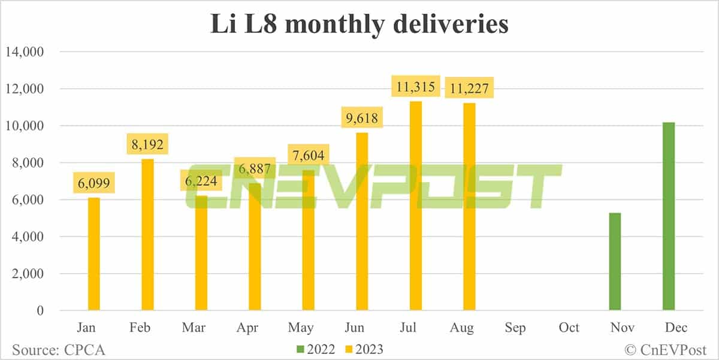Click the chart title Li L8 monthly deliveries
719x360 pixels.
359,25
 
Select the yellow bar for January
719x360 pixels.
94,254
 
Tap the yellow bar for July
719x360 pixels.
415,206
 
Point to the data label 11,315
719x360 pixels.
415,86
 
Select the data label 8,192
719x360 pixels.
147,144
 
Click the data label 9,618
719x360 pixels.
361,117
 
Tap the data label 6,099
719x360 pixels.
94,183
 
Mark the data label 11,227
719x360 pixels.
469,88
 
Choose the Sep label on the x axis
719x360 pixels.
515,328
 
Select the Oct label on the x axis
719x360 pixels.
569,328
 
